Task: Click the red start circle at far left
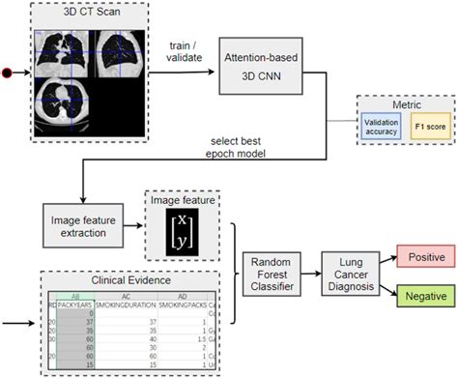(9, 73)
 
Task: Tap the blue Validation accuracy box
(382, 126)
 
